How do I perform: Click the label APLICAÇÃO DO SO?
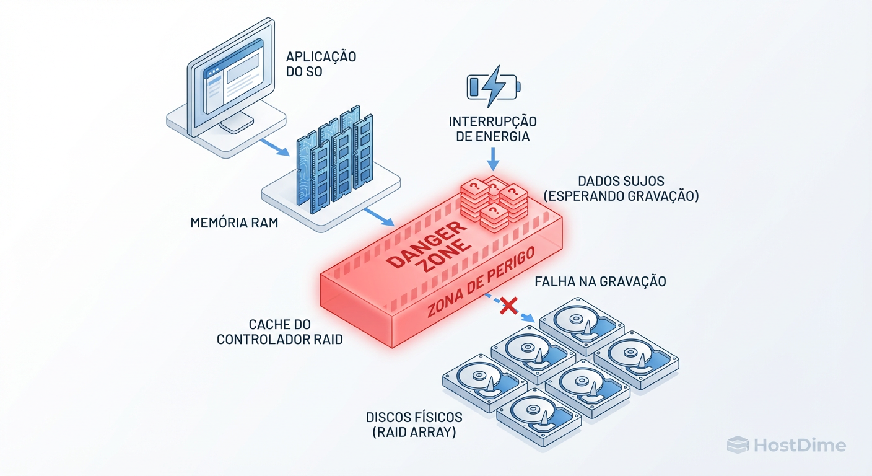321,64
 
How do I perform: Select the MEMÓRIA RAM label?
234,223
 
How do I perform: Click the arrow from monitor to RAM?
273,148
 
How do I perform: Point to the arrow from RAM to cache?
378,218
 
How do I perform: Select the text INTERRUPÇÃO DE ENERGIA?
493,129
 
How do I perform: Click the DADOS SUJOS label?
621,181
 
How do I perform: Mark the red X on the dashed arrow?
508,305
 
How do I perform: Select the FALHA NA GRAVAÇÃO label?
600,281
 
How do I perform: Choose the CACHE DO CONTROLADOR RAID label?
280,332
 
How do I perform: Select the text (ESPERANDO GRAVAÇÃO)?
621,196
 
